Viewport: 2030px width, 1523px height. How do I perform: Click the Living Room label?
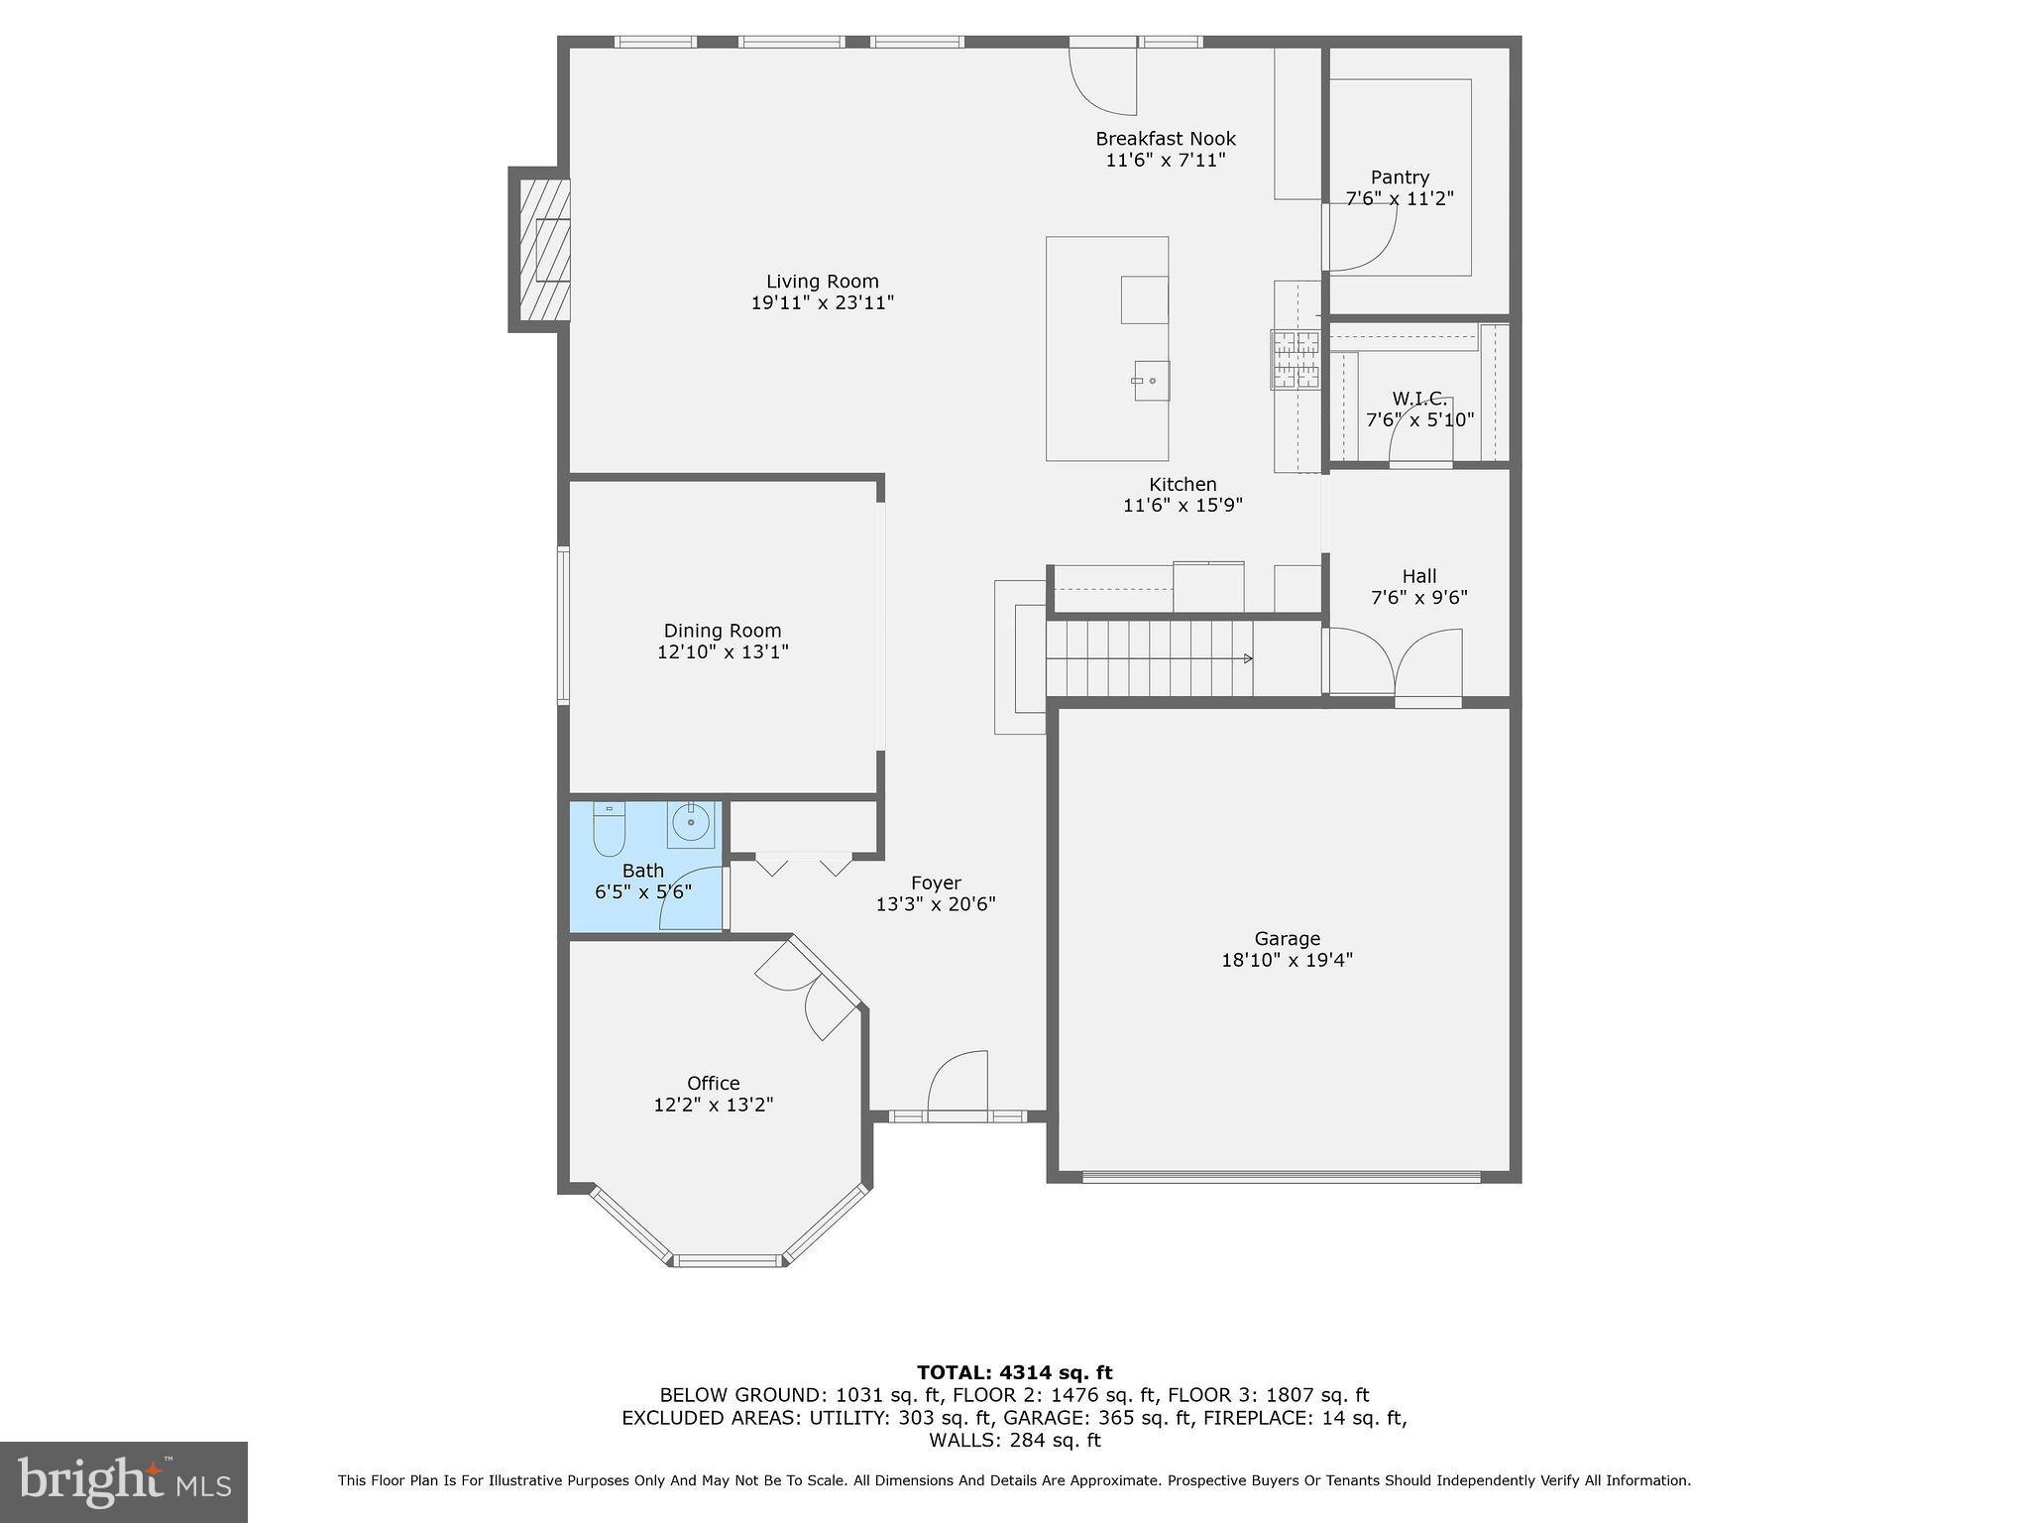822,282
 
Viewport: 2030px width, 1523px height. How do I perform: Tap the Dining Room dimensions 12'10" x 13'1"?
723,652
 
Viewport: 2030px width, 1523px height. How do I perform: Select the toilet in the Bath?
609,829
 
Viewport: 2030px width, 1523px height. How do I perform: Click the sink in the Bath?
690,824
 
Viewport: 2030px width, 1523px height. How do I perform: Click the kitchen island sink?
1151,381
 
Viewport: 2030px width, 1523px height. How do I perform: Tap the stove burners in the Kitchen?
1296,359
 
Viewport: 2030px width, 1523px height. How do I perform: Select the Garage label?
1287,938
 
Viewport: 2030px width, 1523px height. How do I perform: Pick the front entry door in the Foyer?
959,1086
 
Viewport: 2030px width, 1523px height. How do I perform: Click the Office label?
713,1083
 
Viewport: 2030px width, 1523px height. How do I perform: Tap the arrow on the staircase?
1247,658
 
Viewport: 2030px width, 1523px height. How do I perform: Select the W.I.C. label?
1418,399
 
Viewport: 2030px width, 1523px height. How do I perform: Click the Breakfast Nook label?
1165,139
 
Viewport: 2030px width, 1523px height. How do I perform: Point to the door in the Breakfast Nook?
1103,79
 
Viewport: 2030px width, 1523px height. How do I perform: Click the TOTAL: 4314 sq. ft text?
1014,1372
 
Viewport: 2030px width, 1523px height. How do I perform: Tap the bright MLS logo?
124,1481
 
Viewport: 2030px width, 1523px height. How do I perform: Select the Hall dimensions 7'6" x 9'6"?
1418,598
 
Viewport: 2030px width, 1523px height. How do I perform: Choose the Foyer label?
935,882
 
